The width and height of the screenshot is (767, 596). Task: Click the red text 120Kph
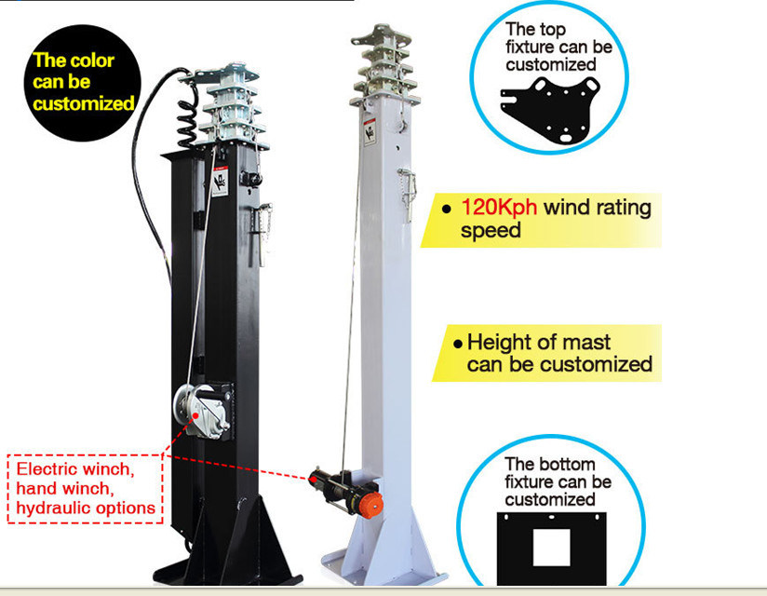499,207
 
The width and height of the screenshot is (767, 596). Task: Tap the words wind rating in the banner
597,207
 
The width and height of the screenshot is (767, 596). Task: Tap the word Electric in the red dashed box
43,468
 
